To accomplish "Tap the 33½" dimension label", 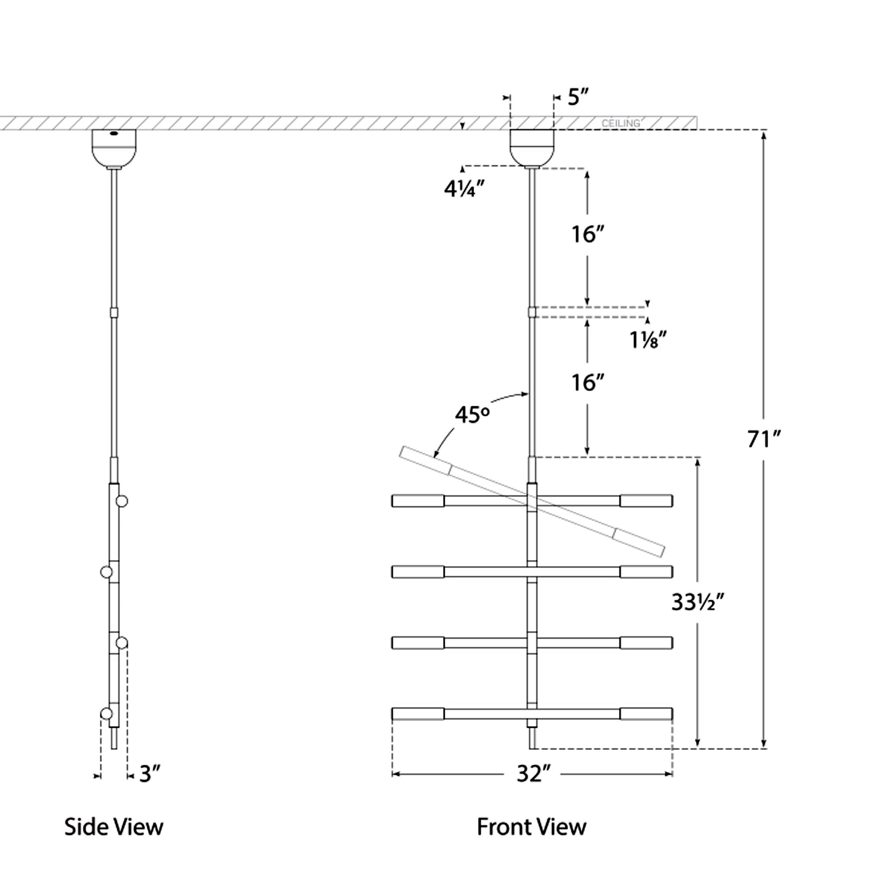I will pyautogui.click(x=698, y=602).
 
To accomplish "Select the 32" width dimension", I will pyautogui.click(x=533, y=774).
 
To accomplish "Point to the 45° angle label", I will pyautogui.click(x=472, y=415).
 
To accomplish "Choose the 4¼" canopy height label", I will pyautogui.click(x=464, y=189).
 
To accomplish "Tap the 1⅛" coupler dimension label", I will pyautogui.click(x=647, y=341).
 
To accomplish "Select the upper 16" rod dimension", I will pyautogui.click(x=587, y=234).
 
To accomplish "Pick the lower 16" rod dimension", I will pyautogui.click(x=587, y=383).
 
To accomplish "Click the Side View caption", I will pyautogui.click(x=114, y=827).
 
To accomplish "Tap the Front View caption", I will pyautogui.click(x=532, y=827).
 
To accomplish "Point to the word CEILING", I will pyautogui.click(x=621, y=123).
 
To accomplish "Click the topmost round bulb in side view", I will pyautogui.click(x=122, y=501).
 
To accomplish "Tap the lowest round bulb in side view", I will pyautogui.click(x=106, y=713).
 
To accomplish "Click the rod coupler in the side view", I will pyautogui.click(x=114, y=312).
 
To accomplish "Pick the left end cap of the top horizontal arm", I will pyautogui.click(x=418, y=501).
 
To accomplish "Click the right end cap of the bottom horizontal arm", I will pyautogui.click(x=647, y=714).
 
